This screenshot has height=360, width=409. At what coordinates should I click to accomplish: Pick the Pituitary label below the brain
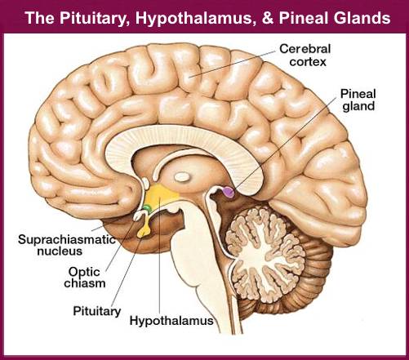[x=96, y=311]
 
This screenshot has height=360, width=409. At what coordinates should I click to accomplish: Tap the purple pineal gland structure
[x=229, y=193]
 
